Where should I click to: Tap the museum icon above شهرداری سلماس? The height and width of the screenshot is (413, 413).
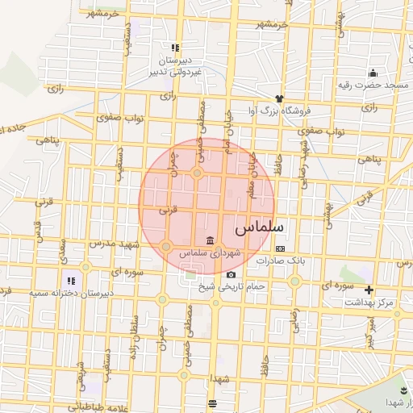tap(210, 240)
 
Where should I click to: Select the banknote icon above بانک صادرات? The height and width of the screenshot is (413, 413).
tap(280, 248)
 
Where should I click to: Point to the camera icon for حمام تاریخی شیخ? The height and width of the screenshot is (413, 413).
tap(231, 274)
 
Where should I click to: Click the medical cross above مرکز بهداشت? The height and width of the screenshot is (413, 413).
tap(369, 290)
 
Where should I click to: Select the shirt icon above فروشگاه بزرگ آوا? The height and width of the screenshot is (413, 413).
tap(279, 98)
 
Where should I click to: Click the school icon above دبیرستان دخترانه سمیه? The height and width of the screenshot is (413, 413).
tap(70, 282)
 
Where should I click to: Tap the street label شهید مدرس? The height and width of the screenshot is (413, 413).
tap(108, 242)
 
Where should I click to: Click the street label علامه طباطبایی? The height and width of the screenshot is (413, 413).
tap(90, 407)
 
